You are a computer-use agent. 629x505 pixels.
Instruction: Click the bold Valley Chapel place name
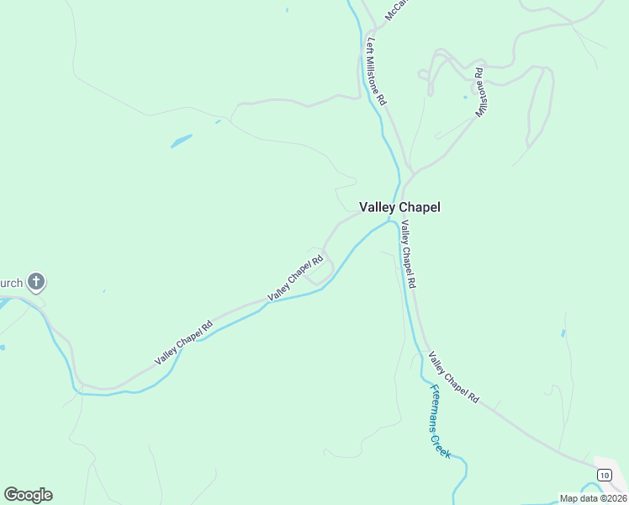click(x=399, y=207)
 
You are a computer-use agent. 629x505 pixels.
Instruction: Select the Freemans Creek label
click(x=441, y=421)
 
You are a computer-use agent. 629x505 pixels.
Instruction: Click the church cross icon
click(x=36, y=281)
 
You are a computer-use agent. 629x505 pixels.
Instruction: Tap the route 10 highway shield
click(x=604, y=476)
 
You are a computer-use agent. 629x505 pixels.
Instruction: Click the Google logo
click(x=28, y=495)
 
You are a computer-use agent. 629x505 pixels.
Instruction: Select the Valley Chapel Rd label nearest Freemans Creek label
click(x=452, y=376)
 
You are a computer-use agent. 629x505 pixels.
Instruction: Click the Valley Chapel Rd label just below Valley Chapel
click(x=408, y=254)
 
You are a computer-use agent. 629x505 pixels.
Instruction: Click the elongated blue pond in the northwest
click(x=182, y=141)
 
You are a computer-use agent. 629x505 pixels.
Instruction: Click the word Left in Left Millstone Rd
click(x=369, y=44)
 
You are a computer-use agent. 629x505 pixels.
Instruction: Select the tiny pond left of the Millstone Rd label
click(x=464, y=96)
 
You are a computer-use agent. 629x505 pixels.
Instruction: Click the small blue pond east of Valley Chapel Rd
click(x=563, y=333)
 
